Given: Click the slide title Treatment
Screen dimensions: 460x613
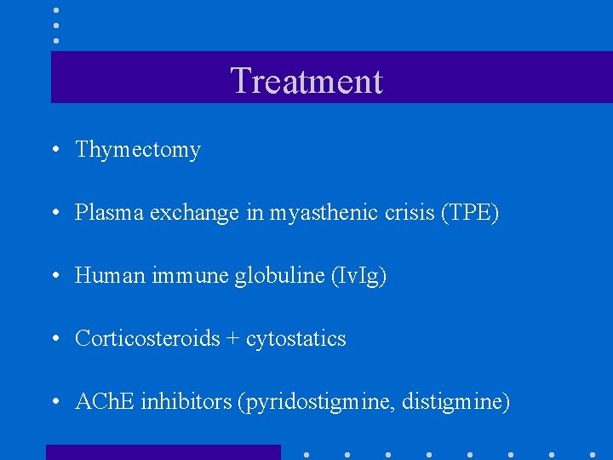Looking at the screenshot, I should (306, 82).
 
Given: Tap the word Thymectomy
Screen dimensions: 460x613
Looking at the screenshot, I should (138, 150).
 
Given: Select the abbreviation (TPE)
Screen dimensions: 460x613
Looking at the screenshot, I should (470, 213).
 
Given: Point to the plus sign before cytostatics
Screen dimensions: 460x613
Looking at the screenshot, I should (232, 339).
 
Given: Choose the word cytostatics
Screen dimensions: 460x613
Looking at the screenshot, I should (296, 339).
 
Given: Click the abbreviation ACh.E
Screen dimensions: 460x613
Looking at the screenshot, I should (105, 401).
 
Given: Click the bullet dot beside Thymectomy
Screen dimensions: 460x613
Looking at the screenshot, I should (54, 151).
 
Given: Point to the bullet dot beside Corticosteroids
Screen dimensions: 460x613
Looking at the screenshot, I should (54, 340).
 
